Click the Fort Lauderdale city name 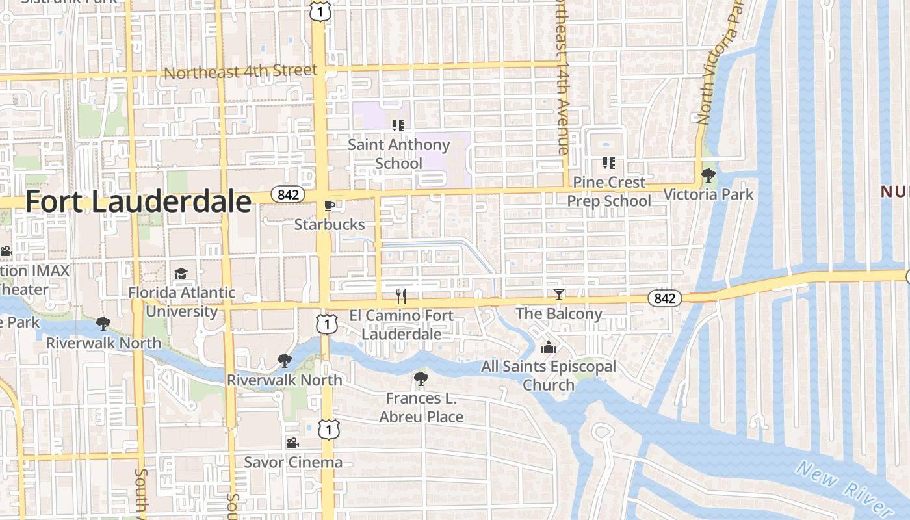click(x=138, y=202)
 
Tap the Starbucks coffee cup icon click(x=330, y=206)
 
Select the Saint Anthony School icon click(x=398, y=125)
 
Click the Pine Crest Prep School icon click(x=608, y=162)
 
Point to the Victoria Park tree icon click(x=708, y=175)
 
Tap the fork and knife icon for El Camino click(x=401, y=296)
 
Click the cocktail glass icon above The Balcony click(x=558, y=294)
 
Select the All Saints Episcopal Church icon click(x=549, y=347)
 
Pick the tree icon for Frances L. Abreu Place click(x=421, y=379)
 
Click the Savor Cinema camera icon click(x=292, y=443)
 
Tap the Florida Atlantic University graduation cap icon click(x=181, y=274)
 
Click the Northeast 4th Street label click(x=240, y=71)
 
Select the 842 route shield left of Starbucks click(x=287, y=194)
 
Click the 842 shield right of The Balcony click(x=664, y=298)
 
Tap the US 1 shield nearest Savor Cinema click(x=329, y=428)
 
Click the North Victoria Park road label click(x=719, y=65)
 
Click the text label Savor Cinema click(x=293, y=462)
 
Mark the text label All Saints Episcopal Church click(x=549, y=376)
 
